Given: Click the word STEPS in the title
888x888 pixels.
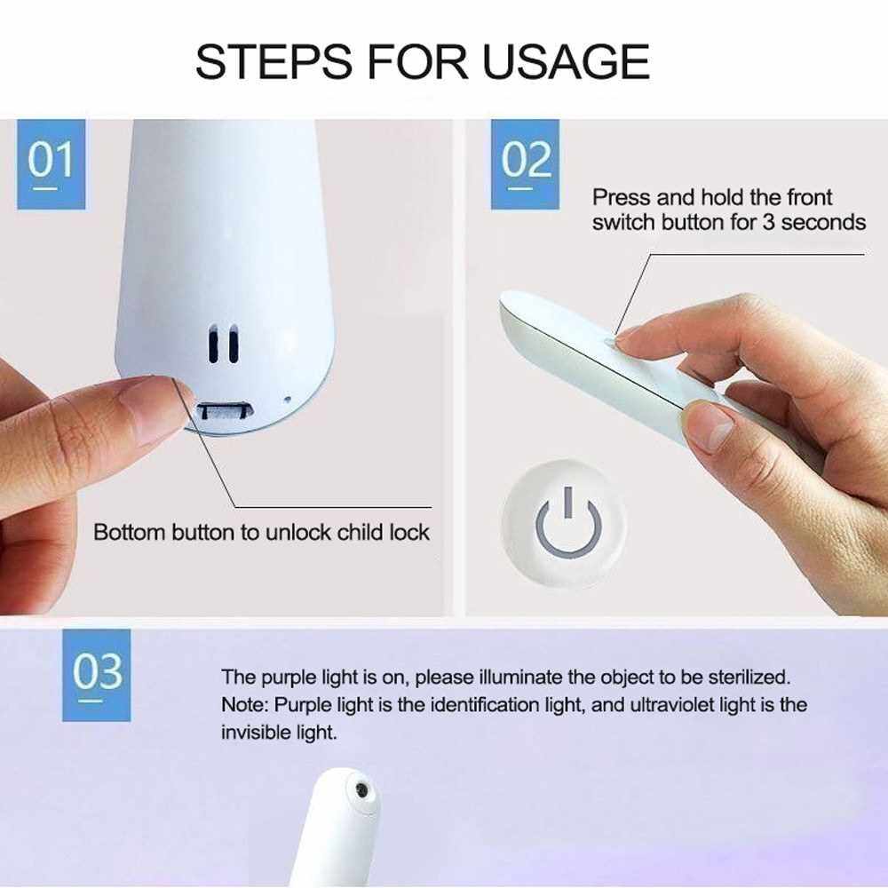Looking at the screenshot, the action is [274, 61].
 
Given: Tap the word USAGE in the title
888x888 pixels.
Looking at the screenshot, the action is [566, 61].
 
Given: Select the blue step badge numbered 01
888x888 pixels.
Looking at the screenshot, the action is [51, 164].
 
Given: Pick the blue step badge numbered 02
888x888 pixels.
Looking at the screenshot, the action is [525, 164].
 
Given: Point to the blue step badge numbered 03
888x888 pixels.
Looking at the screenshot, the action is [96, 675].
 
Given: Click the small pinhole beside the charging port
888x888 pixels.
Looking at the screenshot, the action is [287, 400].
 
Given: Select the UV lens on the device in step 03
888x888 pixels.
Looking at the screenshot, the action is [361, 789].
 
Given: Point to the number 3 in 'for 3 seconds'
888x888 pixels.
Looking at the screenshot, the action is [768, 222].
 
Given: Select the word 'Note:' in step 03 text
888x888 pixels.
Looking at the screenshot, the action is [245, 705].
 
